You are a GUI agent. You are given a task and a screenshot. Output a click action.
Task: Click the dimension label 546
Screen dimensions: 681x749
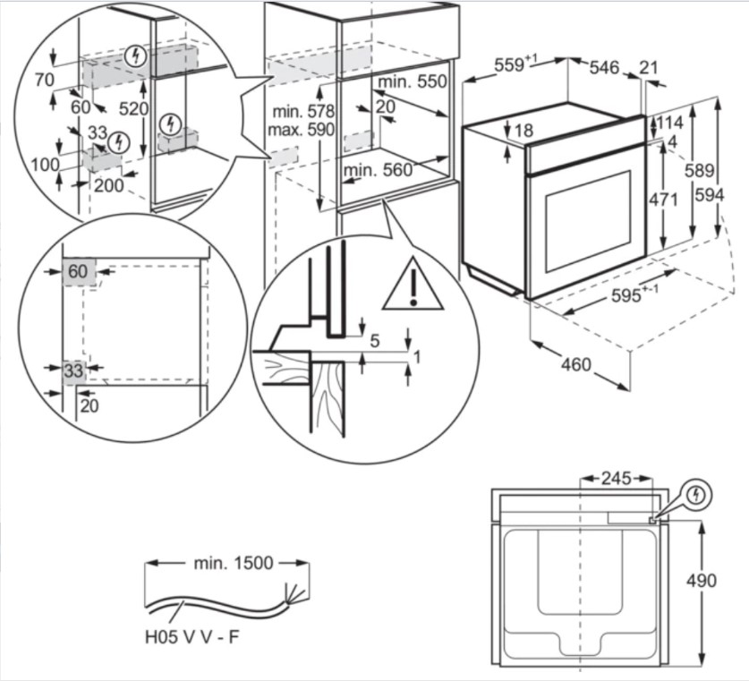click(603, 67)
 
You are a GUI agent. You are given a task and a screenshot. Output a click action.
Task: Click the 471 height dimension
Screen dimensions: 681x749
click(662, 200)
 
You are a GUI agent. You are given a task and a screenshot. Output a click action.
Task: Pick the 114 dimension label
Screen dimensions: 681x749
click(671, 122)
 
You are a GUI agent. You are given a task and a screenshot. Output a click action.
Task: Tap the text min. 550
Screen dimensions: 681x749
click(411, 82)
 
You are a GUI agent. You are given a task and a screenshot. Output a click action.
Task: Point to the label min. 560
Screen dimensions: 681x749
click(379, 170)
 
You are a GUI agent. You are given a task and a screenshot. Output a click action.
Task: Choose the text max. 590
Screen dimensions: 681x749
click(301, 130)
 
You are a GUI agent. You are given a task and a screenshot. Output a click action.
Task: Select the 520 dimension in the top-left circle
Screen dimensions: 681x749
click(132, 109)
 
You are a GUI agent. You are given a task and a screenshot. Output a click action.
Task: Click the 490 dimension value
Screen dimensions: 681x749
click(702, 581)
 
